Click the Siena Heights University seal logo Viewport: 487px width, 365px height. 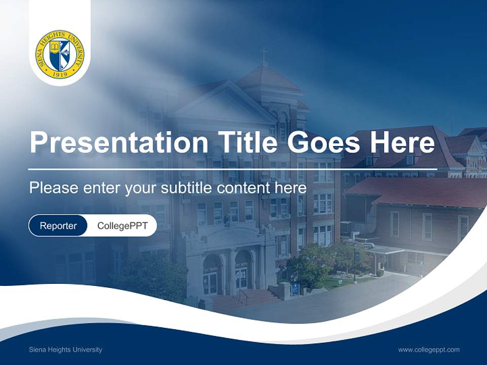[x=60, y=55]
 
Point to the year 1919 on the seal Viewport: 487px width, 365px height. [x=60, y=74]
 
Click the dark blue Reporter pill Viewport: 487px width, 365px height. [x=58, y=226]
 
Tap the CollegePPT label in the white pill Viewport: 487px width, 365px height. [x=122, y=226]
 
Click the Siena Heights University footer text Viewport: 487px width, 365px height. [x=65, y=350]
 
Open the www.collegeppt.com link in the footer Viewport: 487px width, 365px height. [x=429, y=350]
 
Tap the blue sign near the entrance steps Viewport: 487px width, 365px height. [x=295, y=289]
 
